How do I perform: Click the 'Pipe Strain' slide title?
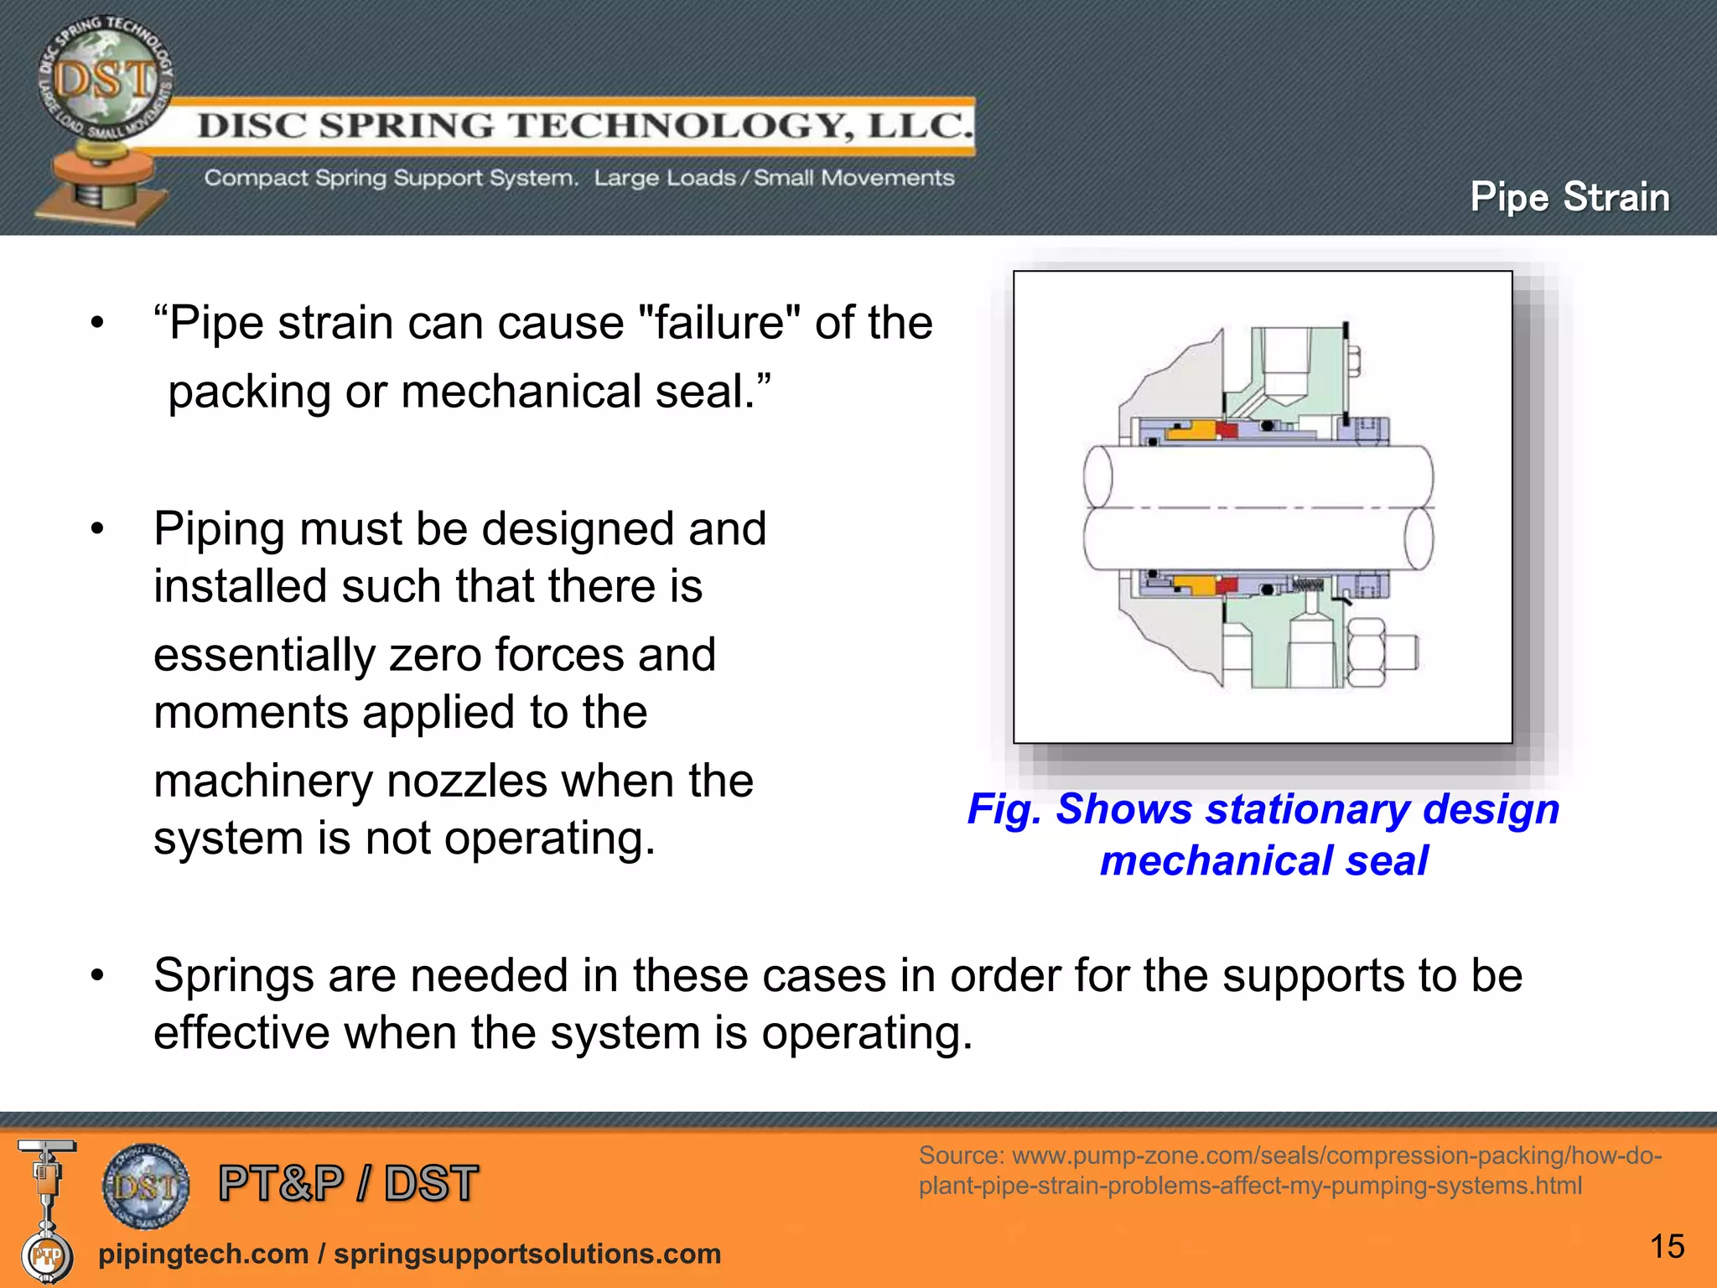pyautogui.click(x=1569, y=198)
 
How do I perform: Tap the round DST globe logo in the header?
pyautogui.click(x=105, y=79)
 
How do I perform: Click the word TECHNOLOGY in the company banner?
pyautogui.click(x=677, y=126)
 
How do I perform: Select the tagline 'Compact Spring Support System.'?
pyautogui.click(x=392, y=179)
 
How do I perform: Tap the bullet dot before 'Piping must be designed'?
pyautogui.click(x=98, y=529)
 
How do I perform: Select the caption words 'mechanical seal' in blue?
pyautogui.click(x=1263, y=861)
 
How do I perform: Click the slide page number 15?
pyautogui.click(x=1667, y=1247)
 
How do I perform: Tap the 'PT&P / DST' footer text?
pyautogui.click(x=348, y=1184)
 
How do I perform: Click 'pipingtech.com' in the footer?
pyautogui.click(x=203, y=1254)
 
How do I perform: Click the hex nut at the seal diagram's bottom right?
pyautogui.click(x=1367, y=653)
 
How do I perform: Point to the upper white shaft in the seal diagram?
pyautogui.click(x=1258, y=475)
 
